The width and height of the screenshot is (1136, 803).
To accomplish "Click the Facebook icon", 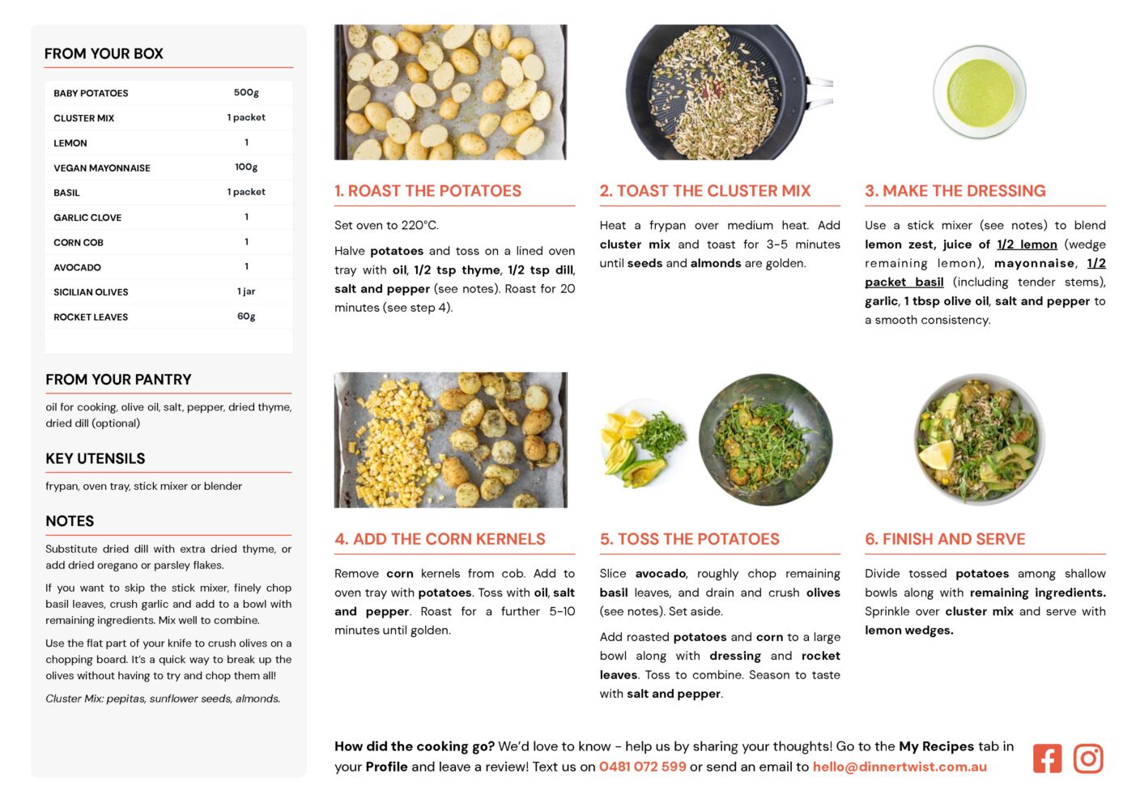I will coord(1047,758).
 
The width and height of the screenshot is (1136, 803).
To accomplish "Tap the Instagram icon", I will coord(1088,758).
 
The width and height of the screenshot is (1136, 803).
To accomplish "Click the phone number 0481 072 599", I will coord(642,767).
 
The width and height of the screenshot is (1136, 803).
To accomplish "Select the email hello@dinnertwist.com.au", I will coord(900,767).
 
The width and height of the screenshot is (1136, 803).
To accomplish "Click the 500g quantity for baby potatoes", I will coord(246,92).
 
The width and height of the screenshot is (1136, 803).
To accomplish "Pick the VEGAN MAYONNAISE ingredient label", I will coord(102,168).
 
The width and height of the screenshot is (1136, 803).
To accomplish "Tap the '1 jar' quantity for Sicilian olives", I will coord(246,291).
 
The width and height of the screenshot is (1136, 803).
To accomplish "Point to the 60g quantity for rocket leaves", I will coord(246,317).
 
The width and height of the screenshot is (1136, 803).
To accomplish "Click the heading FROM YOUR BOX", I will coord(104,53).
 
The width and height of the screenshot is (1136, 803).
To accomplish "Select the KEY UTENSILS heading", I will coord(96,458).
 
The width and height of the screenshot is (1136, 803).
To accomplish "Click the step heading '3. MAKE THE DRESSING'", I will coord(955,191).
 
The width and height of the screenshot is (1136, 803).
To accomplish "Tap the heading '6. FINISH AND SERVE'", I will coord(945,539).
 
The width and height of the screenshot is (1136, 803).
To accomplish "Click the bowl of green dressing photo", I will coord(980,91).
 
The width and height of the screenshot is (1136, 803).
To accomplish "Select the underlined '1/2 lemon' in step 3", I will coord(1027,244).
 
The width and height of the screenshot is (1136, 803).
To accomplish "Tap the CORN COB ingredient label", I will coord(79,243).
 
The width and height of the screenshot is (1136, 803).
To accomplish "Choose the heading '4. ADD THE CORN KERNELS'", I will coord(440,539).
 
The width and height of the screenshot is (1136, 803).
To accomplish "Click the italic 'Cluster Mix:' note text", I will coord(74,699).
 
